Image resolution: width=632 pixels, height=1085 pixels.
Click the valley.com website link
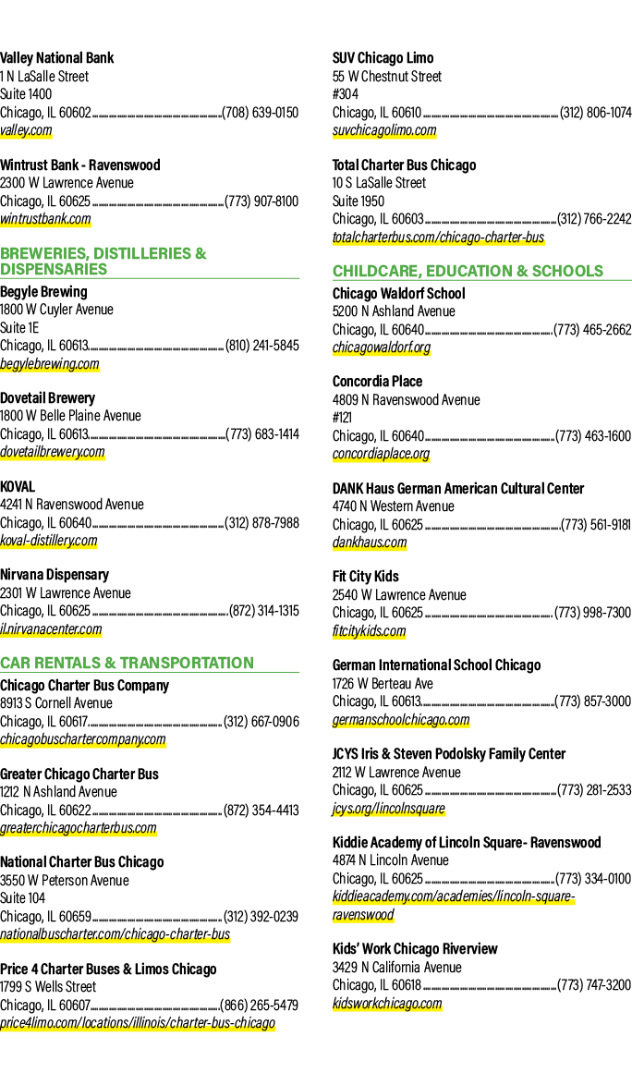[x=26, y=130]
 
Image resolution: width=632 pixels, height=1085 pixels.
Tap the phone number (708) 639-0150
[x=260, y=112]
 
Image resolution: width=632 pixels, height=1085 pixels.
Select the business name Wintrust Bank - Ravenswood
[x=80, y=165]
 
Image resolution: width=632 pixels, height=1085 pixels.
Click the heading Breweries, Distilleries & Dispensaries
[x=103, y=261]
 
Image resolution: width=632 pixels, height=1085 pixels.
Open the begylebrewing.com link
[x=50, y=364]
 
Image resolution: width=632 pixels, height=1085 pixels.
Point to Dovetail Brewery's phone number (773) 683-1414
[x=262, y=433]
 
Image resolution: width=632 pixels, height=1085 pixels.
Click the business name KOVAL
[x=18, y=486]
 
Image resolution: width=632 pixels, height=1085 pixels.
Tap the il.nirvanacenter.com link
[x=51, y=629]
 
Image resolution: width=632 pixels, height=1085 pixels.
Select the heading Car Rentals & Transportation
[x=128, y=663]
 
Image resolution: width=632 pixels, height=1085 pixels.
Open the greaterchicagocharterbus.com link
[x=79, y=827]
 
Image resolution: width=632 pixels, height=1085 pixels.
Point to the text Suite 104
[x=23, y=898]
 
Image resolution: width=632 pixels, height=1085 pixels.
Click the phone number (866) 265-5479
[x=260, y=1005]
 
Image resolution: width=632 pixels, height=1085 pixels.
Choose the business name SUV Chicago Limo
[x=383, y=58]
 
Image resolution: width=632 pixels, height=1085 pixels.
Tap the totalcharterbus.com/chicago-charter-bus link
[x=438, y=238]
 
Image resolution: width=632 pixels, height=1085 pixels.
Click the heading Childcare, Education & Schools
[x=468, y=272]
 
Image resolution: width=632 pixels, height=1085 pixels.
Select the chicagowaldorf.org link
[x=382, y=347]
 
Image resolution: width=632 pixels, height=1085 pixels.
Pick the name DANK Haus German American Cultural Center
[x=458, y=489]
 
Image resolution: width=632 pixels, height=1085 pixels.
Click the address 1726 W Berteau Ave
[x=383, y=684]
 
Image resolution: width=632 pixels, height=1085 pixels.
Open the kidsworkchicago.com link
[x=387, y=1004]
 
